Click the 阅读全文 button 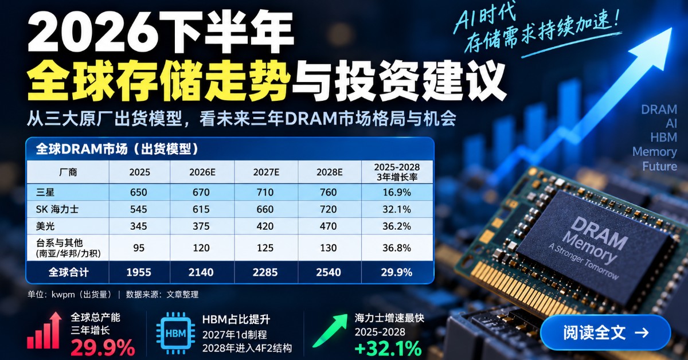605,332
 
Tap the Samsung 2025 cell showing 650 139,192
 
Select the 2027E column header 266,172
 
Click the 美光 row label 45,226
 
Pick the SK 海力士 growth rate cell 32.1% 397,209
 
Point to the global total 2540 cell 329,272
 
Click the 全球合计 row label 68,272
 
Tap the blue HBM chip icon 175,333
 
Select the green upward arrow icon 330,331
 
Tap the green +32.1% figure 388,349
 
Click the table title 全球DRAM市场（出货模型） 117,149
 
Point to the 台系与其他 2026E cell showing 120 201,248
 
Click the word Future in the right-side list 659,166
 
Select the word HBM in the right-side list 663,138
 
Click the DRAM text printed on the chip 599,232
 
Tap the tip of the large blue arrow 672,28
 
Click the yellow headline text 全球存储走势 159,80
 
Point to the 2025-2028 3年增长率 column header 397,172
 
